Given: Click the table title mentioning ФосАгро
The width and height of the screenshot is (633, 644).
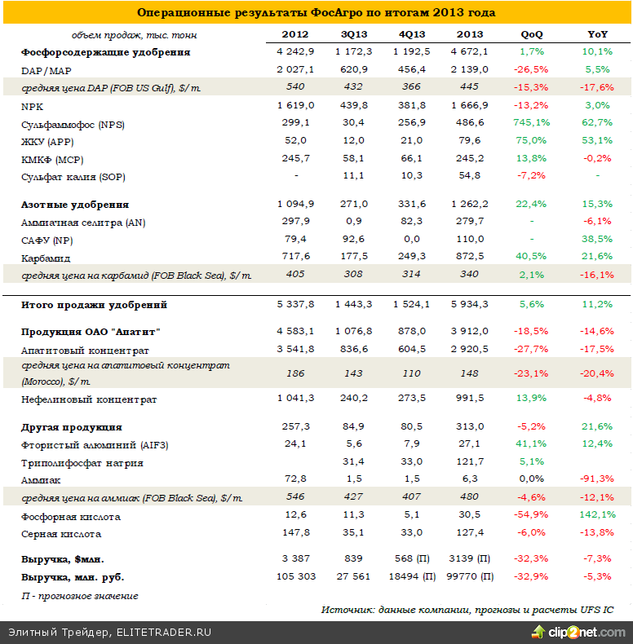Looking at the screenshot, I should tap(316, 13).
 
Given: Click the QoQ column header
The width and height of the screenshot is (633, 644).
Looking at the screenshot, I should tap(531, 34).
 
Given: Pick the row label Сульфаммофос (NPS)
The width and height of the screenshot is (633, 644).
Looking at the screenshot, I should tap(73, 125).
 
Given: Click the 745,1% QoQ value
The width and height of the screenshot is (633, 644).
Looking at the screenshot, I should tap(531, 125).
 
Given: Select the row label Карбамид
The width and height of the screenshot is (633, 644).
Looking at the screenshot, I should tap(46, 258).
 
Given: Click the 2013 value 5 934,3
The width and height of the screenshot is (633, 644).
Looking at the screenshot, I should tap(468, 305).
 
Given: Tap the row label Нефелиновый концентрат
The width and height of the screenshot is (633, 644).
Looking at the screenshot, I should tap(89, 399).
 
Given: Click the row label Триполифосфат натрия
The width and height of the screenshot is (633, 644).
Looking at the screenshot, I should tap(82, 463).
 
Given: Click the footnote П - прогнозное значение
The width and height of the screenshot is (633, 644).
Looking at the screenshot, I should tap(80, 596).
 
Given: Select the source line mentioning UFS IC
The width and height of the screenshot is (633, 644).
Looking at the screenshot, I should tap(467, 610).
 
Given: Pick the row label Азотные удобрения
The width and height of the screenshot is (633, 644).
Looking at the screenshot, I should tap(75, 205).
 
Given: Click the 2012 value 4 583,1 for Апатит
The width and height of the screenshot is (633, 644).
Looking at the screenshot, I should tap(294, 331).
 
